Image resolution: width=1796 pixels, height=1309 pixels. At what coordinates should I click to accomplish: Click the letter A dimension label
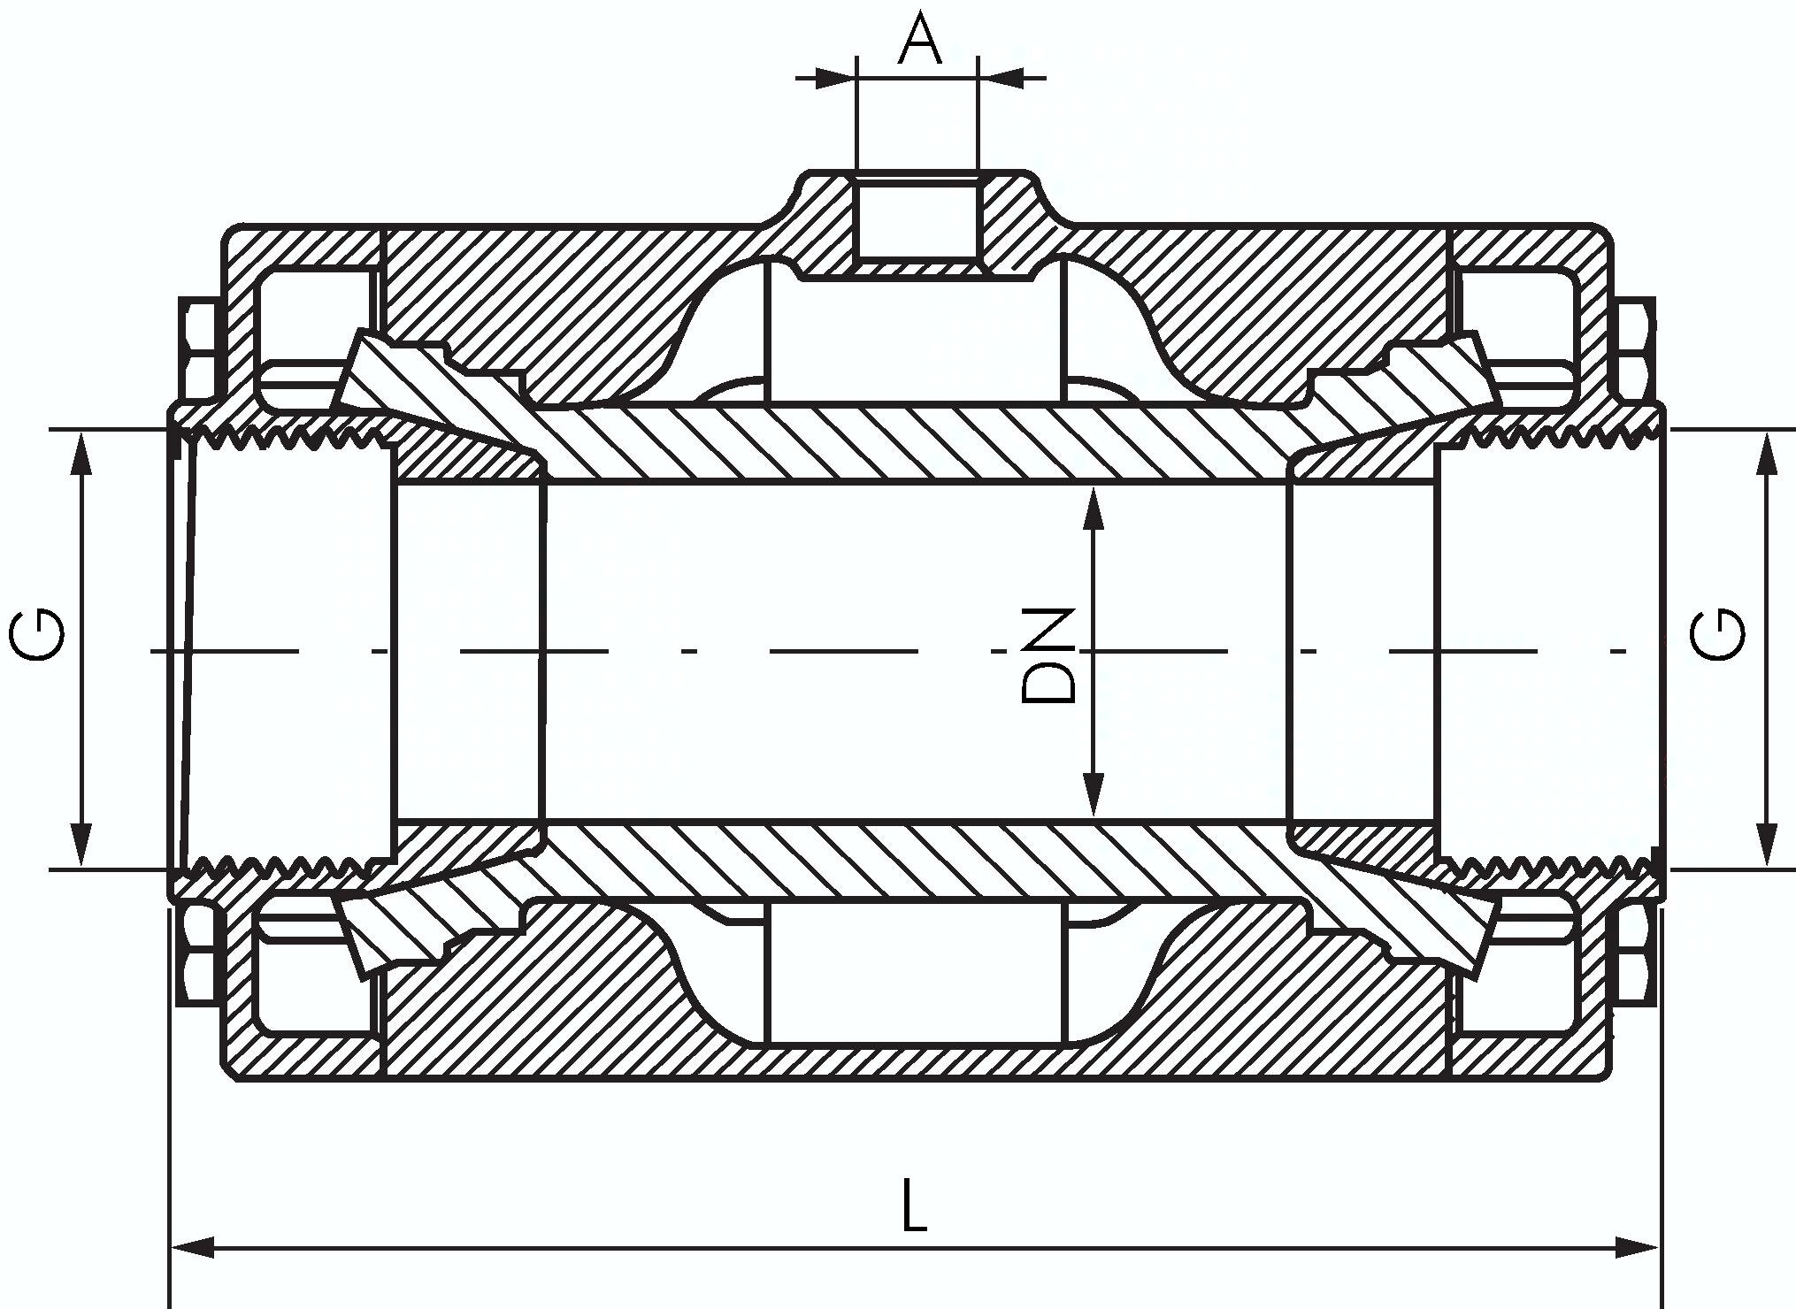coord(919,40)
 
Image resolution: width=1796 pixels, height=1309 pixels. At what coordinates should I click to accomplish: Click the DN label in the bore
coord(1048,654)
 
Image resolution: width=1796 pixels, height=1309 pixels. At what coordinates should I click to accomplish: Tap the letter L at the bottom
coord(914,1205)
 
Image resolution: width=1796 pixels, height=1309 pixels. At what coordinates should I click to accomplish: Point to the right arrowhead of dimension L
coord(1636,1249)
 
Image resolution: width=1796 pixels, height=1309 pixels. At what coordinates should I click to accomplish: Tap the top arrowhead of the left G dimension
coord(81,453)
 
